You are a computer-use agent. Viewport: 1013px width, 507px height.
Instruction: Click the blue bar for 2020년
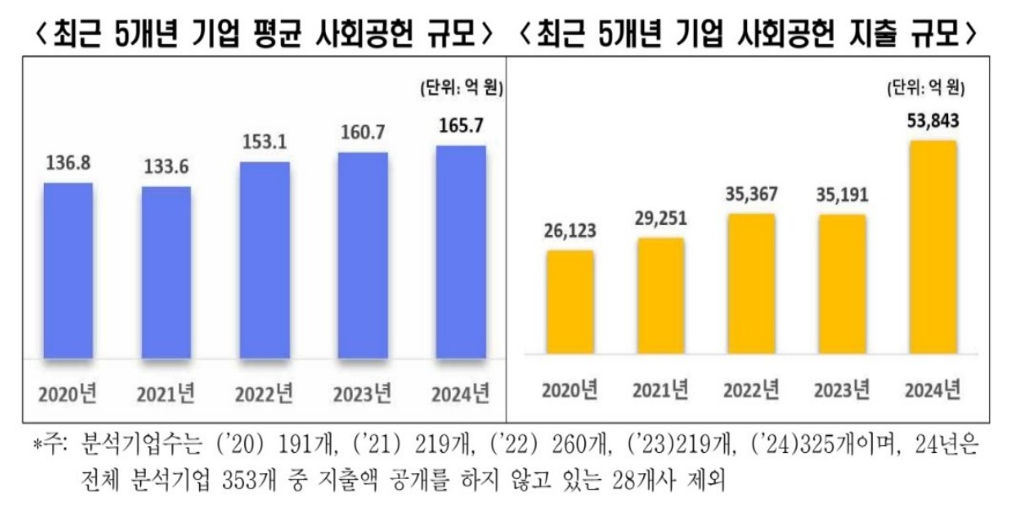click(x=68, y=270)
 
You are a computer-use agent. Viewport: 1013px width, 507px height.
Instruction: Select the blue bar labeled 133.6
click(x=166, y=272)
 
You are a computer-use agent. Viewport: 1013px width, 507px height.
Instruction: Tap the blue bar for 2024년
click(x=460, y=252)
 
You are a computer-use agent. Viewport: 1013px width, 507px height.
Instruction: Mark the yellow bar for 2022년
click(x=750, y=283)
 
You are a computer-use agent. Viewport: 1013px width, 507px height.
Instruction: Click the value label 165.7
click(x=460, y=128)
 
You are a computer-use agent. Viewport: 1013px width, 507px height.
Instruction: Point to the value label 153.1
click(x=264, y=143)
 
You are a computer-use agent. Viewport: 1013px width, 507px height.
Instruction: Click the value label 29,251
click(x=660, y=218)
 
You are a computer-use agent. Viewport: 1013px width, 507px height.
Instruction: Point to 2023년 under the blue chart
click(x=362, y=393)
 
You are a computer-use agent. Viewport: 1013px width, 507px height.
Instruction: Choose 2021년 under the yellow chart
click(x=660, y=390)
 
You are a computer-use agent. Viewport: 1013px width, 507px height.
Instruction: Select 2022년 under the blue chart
click(x=264, y=393)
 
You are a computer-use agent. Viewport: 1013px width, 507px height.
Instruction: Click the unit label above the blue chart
click(x=460, y=87)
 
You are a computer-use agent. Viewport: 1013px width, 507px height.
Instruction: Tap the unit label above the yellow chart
click(x=925, y=87)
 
